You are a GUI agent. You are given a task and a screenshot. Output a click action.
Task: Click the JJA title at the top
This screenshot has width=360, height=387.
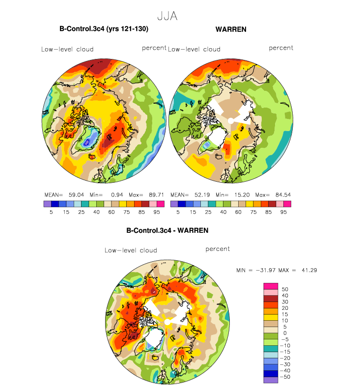tap(167, 16)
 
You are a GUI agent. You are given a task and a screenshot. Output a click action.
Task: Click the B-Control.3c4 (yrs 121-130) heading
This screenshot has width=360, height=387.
tap(104, 29)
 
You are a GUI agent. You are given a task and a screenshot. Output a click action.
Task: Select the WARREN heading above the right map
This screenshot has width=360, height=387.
tap(231, 29)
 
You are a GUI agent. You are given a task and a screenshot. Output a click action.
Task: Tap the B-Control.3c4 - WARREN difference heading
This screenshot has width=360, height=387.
tap(167, 230)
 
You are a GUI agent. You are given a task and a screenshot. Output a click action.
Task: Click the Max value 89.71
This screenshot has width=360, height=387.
tap(157, 195)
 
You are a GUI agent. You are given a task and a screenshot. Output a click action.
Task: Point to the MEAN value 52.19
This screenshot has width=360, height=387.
tap(202, 195)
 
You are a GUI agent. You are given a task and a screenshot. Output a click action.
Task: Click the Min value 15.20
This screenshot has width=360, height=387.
tap(242, 195)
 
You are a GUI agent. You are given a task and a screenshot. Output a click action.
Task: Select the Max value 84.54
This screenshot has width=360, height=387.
tap(283, 195)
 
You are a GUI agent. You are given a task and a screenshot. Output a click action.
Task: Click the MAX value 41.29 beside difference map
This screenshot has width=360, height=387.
tap(309, 270)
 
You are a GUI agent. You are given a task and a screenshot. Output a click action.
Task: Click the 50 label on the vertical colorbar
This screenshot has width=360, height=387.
tap(285, 289)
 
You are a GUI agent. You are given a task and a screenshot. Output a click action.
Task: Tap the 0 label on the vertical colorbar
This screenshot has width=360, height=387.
tap(285, 333)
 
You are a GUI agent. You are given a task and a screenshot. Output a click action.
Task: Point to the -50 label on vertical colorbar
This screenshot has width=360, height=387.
tap(285, 377)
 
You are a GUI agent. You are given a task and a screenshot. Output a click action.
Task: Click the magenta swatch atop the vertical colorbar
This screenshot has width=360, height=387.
tap(271, 286)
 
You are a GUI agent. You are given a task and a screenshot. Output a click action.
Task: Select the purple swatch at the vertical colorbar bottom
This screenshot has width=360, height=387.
tap(271, 380)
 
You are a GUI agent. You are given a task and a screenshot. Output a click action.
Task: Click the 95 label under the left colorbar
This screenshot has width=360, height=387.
tap(157, 212)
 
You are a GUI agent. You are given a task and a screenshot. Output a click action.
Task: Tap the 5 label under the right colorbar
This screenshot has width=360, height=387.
tap(178, 212)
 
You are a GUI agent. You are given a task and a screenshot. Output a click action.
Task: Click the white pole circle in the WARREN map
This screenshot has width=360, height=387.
tap(231, 121)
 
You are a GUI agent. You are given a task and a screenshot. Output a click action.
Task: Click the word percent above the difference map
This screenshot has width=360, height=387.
tap(218, 249)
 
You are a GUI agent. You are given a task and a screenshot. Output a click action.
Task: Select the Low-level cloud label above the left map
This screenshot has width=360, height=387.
tap(67, 50)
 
